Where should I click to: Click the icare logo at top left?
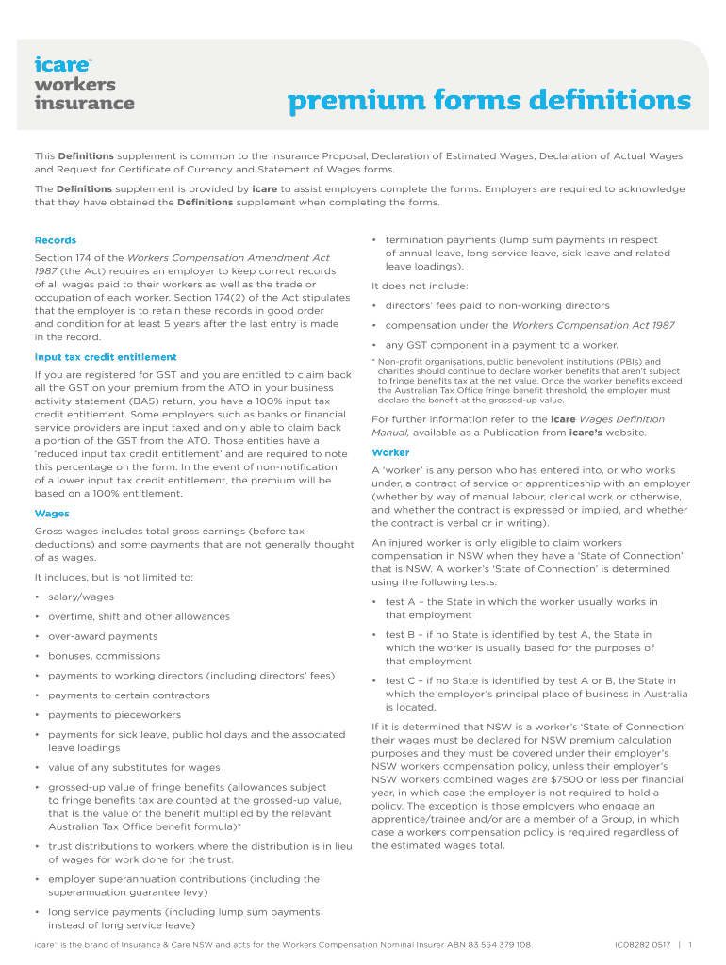point(63,65)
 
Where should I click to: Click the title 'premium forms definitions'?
point(488,100)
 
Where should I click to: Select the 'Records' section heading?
point(56,240)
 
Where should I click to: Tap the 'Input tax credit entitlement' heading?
point(106,357)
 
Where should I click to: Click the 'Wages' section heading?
point(52,514)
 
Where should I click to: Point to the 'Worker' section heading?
point(390,452)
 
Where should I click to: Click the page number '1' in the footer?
point(690,944)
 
